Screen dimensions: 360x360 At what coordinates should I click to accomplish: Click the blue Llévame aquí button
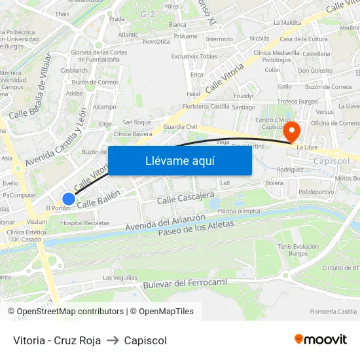[179, 161]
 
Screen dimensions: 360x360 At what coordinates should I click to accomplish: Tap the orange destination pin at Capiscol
[291, 132]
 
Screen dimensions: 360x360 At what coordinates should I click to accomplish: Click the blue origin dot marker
[69, 198]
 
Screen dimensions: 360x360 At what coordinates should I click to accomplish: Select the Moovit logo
[320, 340]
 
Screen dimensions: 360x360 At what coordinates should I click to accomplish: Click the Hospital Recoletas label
[85, 223]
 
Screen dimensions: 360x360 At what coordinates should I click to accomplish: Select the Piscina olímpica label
[240, 211]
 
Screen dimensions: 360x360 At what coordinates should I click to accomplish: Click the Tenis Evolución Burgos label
[298, 249]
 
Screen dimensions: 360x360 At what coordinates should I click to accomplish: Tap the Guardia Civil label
[180, 126]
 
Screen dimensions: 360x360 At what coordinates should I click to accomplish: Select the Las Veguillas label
[120, 278]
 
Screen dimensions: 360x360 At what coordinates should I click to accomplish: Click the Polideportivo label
[316, 192]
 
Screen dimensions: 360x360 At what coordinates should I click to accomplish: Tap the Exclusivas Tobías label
[194, 56]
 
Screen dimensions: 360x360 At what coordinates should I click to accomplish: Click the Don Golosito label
[315, 71]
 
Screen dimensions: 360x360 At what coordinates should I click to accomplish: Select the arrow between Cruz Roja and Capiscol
[113, 340]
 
